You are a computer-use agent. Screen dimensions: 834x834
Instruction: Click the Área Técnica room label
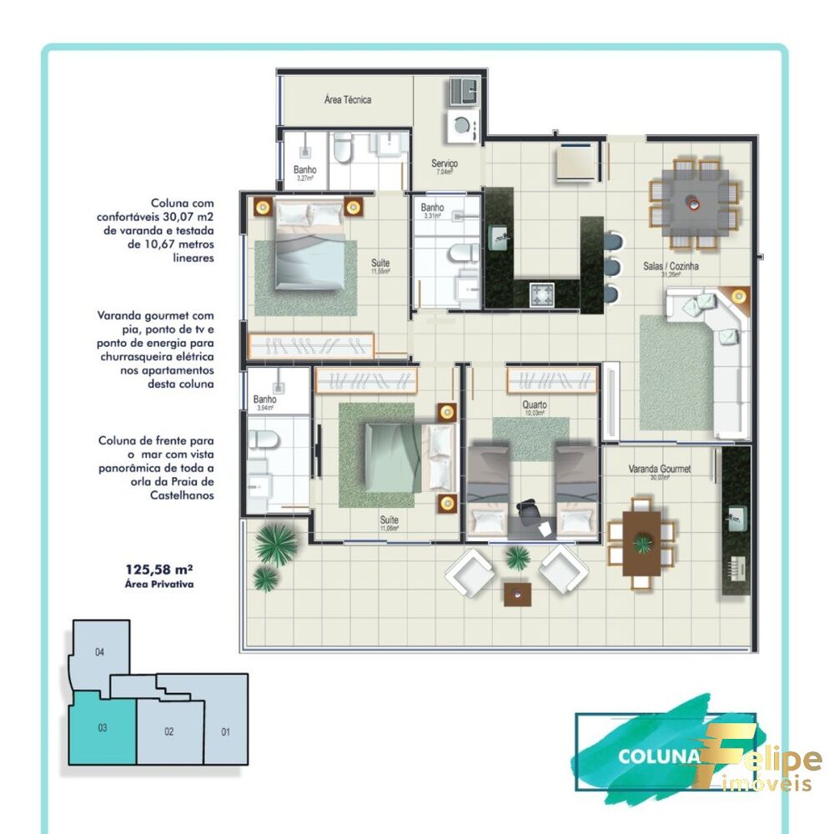coord(348,100)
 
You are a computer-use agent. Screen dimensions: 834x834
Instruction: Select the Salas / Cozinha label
coord(671,267)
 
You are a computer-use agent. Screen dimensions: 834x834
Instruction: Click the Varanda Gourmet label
coord(659,470)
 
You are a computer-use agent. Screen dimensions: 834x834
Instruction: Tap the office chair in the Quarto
coord(529,510)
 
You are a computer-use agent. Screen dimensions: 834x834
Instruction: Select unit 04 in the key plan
coord(99,652)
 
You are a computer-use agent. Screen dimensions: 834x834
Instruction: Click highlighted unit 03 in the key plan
coord(102,728)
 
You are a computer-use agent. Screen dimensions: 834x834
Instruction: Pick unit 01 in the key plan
coord(225,732)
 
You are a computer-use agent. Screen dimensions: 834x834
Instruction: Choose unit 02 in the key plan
coord(169,731)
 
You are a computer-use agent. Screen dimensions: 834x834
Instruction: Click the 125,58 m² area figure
coord(158,570)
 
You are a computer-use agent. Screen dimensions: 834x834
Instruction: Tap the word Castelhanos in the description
coord(180,495)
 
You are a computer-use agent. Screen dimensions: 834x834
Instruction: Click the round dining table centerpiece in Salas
coord(694,201)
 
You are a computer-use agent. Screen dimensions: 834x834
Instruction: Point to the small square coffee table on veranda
coord(516,592)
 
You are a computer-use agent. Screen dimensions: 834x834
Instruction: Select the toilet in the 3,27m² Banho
coord(341,151)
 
